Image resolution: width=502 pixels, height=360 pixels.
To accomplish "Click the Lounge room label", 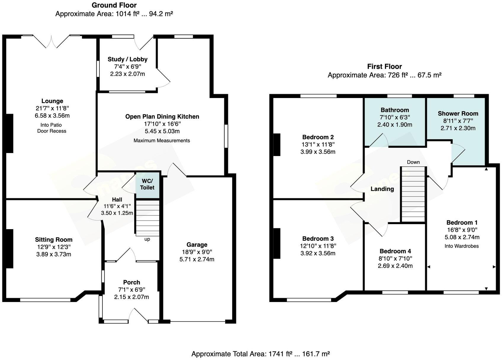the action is coord(52,101).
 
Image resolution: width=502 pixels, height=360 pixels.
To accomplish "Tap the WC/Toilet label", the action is coord(147,184).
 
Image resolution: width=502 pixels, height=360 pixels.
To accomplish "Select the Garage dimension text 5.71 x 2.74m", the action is coord(197,259).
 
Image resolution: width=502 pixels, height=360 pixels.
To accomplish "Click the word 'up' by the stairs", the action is coord(147,240).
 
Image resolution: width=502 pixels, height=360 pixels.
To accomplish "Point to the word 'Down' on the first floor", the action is coord(413,162).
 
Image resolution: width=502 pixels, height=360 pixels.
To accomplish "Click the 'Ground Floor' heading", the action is coord(114,5).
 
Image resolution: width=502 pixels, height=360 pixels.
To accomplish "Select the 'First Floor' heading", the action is coord(384,67).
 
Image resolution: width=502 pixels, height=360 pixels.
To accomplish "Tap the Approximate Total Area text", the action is coord(260,354).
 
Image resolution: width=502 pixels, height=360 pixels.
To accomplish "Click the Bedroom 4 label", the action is coord(395,251).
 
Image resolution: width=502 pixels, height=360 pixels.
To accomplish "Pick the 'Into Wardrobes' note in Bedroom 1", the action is coord(461,246).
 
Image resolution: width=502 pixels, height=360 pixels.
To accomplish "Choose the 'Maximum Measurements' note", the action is coord(162,141).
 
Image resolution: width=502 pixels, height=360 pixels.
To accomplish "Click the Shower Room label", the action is coord(458,114).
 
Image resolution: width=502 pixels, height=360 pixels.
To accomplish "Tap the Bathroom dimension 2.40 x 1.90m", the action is coord(395,125).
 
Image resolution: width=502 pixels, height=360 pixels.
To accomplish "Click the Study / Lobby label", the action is coord(128,60).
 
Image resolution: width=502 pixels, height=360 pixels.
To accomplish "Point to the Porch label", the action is coord(131,282).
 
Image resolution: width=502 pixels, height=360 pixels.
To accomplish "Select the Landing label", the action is coord(382,189).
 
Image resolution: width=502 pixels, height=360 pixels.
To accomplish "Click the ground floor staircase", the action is coord(147,218).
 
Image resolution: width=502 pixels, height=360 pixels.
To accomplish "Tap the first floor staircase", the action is coord(413,194).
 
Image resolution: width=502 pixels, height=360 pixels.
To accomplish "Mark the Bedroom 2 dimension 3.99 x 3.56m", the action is coord(318,152).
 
